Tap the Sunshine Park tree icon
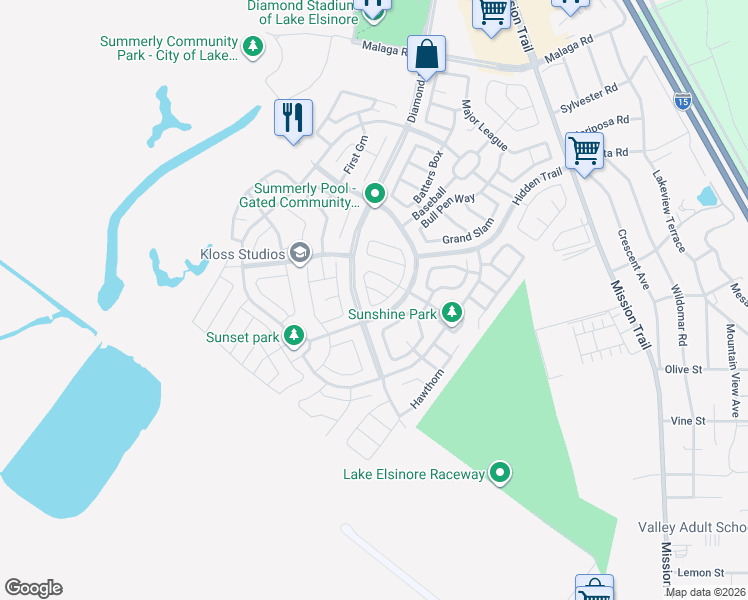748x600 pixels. [453, 314]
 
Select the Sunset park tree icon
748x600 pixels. [294, 336]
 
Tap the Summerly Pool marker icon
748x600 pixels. [375, 193]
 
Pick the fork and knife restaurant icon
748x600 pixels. [293, 118]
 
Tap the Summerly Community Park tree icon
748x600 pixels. [254, 45]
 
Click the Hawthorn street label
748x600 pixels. [426, 390]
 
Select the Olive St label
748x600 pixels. [685, 369]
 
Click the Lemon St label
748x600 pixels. [700, 572]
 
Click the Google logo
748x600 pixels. [33, 588]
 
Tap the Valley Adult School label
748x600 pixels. [692, 527]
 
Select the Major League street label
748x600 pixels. [484, 125]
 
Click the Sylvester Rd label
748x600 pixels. [585, 103]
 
